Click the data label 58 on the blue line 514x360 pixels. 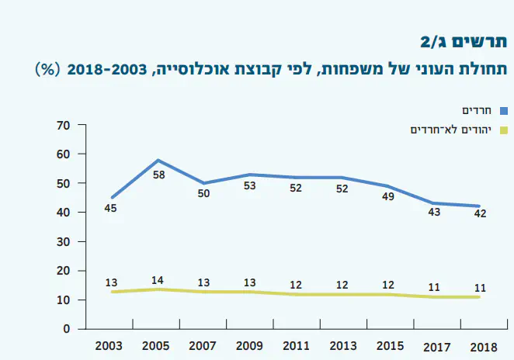point(158,175)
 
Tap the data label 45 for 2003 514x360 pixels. point(111,209)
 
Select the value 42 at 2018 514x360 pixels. point(480,214)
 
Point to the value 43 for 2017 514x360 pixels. point(434,212)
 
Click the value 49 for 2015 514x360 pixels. point(388,197)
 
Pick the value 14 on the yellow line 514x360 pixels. point(158,280)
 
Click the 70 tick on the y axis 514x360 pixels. point(64,125)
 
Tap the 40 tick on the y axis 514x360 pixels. point(64,213)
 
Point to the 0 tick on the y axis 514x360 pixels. point(68,329)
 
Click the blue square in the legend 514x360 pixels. point(502,111)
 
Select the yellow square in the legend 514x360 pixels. point(502,130)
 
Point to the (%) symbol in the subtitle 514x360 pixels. point(49,69)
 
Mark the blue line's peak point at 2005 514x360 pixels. point(158,160)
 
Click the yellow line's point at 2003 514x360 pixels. point(112,291)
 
